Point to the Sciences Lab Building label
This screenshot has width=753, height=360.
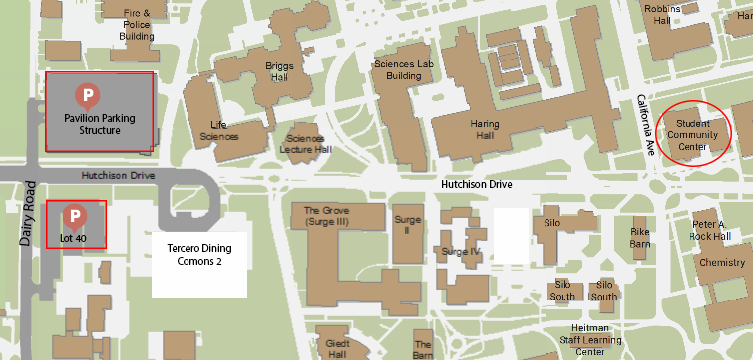pos(403,69)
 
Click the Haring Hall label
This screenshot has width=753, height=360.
pos(491,130)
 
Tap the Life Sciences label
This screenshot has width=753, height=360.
pos(219,130)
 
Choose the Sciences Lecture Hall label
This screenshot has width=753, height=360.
pos(307,144)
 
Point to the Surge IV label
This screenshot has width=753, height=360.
pos(461,251)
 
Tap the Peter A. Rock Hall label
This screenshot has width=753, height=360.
pos(710,231)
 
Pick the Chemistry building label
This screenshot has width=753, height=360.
pos(721,263)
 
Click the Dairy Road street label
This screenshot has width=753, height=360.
pos(27,213)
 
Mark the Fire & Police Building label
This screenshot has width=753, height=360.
pos(137,24)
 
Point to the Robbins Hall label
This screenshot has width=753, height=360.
pos(661,14)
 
